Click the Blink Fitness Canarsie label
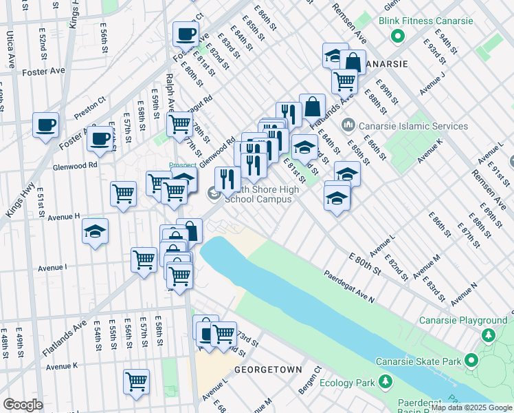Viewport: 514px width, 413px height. click(x=426, y=21)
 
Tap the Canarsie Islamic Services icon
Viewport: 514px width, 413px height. click(x=348, y=126)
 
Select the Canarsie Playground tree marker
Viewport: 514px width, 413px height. click(x=489, y=335)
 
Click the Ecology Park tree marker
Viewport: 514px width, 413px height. click(x=385, y=382)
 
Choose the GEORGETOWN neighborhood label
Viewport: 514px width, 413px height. click(x=268, y=370)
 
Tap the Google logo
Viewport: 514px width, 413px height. click(x=23, y=405)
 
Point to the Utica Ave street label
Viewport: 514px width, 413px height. click(x=11, y=49)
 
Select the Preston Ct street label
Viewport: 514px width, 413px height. click(x=92, y=107)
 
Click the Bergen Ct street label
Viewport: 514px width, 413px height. click(x=309, y=381)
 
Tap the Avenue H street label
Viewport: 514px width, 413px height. click(x=59, y=217)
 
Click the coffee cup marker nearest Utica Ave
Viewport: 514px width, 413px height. click(x=45, y=125)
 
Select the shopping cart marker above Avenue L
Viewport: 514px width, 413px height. click(x=136, y=381)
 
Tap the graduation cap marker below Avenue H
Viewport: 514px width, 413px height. click(x=95, y=231)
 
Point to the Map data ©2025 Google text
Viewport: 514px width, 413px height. click(x=471, y=407)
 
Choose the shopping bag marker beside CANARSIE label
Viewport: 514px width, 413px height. click(x=353, y=62)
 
